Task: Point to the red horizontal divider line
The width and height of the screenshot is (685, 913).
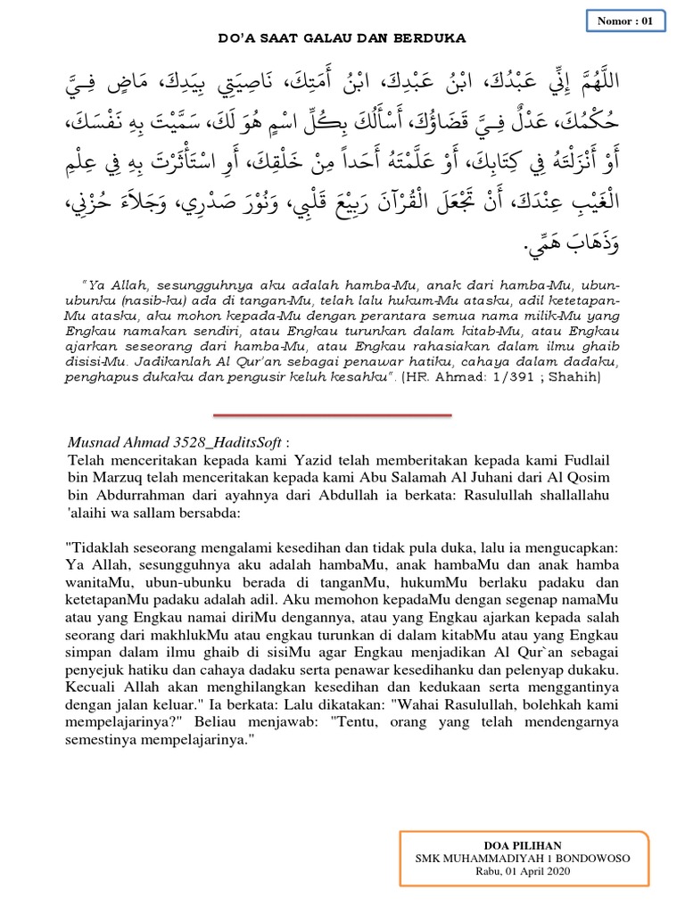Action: click(x=333, y=415)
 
